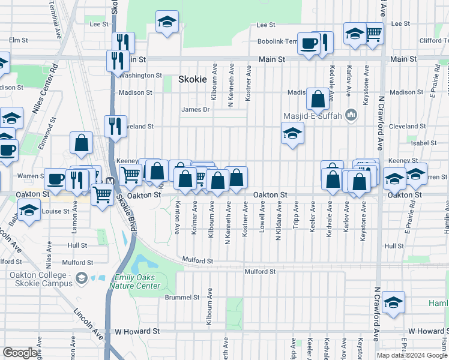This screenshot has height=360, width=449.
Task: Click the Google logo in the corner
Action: [x=20, y=353]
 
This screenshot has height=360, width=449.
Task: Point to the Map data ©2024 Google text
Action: [x=412, y=355]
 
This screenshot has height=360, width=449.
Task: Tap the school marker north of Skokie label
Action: [x=167, y=22]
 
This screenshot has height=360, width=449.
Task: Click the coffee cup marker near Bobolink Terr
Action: [x=309, y=43]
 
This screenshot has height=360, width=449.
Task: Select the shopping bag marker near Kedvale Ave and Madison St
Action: [x=318, y=98]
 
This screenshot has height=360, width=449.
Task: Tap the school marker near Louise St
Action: [x=29, y=210]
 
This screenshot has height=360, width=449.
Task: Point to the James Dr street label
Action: [x=196, y=109]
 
